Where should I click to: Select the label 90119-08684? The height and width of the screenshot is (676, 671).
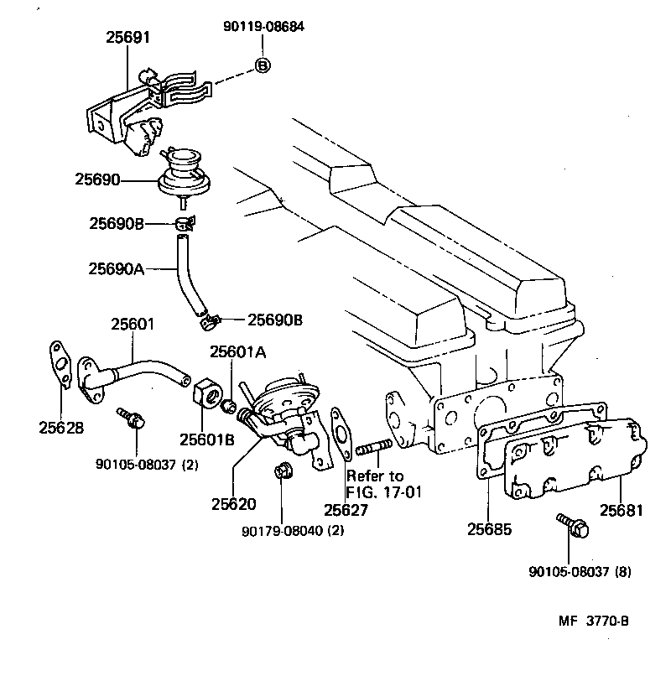(x=263, y=27)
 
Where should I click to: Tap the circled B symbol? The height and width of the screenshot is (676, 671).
(x=263, y=65)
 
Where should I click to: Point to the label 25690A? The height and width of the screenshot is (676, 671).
(x=117, y=268)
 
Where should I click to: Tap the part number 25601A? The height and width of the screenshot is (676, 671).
(x=238, y=352)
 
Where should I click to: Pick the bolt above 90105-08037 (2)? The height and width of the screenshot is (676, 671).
(x=128, y=417)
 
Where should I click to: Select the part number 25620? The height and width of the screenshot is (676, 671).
(x=233, y=504)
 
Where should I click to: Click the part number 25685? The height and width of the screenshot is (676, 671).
(x=490, y=529)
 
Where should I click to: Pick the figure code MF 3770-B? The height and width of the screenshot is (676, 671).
(x=593, y=621)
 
